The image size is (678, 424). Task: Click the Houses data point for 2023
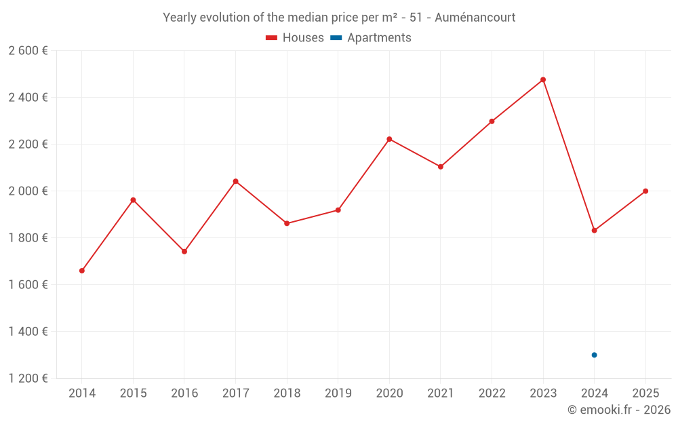[x=543, y=80]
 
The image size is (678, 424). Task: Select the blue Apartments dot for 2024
[x=594, y=355]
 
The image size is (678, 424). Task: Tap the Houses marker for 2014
[x=82, y=271]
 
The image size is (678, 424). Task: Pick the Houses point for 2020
[x=389, y=139]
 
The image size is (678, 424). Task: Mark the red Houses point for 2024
[x=594, y=231]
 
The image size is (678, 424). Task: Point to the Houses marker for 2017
[x=235, y=181]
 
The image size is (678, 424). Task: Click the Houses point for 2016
[x=184, y=252]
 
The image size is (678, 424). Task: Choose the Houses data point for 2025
[x=645, y=191]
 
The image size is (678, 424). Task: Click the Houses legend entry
[x=295, y=38]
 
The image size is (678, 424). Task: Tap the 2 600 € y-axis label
[x=28, y=51]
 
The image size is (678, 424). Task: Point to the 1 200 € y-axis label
[x=28, y=379]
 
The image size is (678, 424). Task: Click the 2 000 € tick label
[x=28, y=191]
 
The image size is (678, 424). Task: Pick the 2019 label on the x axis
[x=338, y=393]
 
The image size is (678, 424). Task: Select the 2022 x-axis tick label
[x=492, y=393]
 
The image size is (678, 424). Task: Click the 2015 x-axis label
[x=133, y=393]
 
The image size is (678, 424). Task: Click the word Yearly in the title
[x=179, y=17]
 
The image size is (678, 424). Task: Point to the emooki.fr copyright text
[x=619, y=410]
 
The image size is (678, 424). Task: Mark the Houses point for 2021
[x=441, y=167]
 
